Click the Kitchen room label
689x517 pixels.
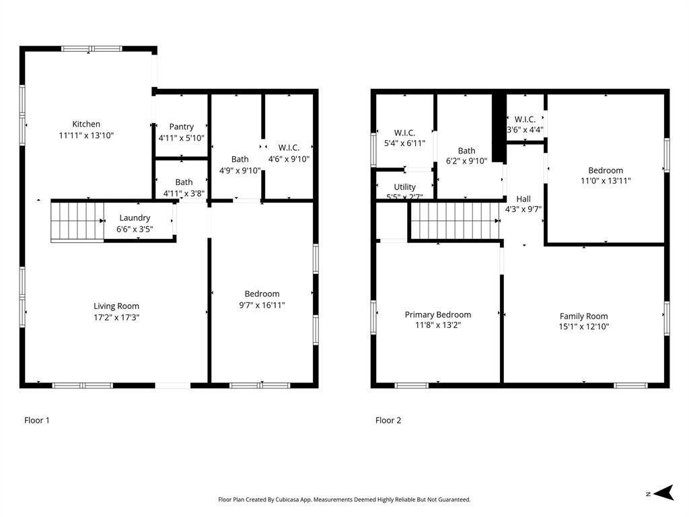[86, 124]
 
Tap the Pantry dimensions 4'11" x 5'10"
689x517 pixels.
[182, 138]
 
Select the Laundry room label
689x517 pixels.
[135, 217]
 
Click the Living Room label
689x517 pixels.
[116, 306]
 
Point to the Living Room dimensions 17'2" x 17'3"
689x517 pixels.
[116, 318]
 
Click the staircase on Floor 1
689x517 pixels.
[77, 221]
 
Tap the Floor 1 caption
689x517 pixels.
[37, 420]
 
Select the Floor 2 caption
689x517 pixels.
[388, 420]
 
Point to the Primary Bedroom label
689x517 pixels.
[438, 315]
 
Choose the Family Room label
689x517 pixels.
[584, 316]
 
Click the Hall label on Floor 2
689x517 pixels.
[523, 199]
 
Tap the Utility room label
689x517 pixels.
[404, 187]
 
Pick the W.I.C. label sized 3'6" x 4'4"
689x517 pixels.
[525, 119]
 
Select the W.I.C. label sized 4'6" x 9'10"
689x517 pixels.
[289, 147]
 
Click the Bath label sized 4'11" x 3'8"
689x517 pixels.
[184, 182]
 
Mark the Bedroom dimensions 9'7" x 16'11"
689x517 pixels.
[262, 305]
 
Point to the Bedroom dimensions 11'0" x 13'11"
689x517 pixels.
[606, 180]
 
